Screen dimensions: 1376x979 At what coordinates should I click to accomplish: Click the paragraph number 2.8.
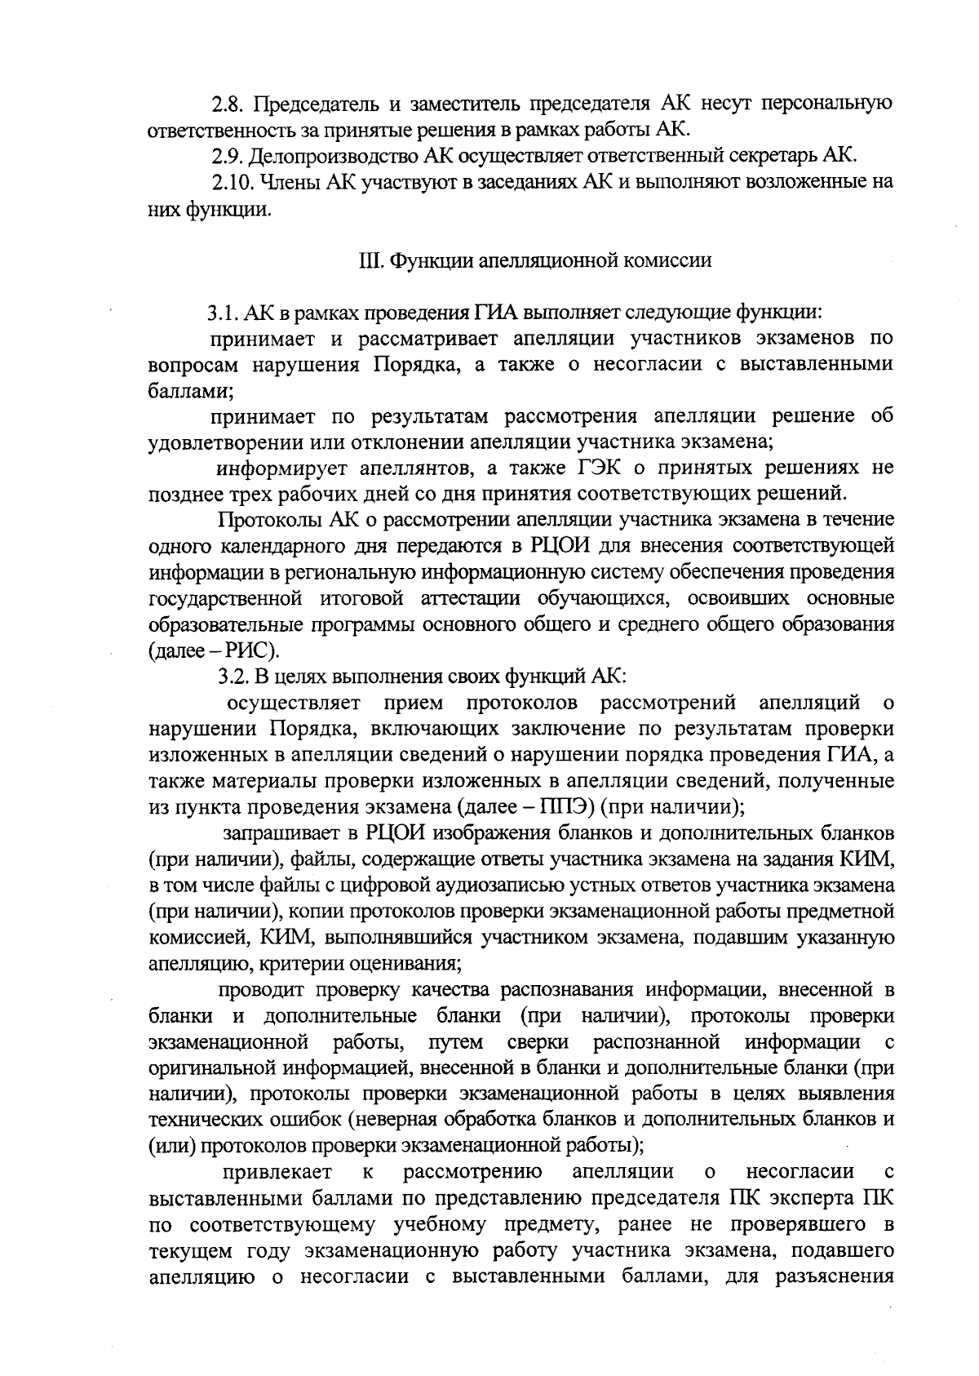pos(227,104)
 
